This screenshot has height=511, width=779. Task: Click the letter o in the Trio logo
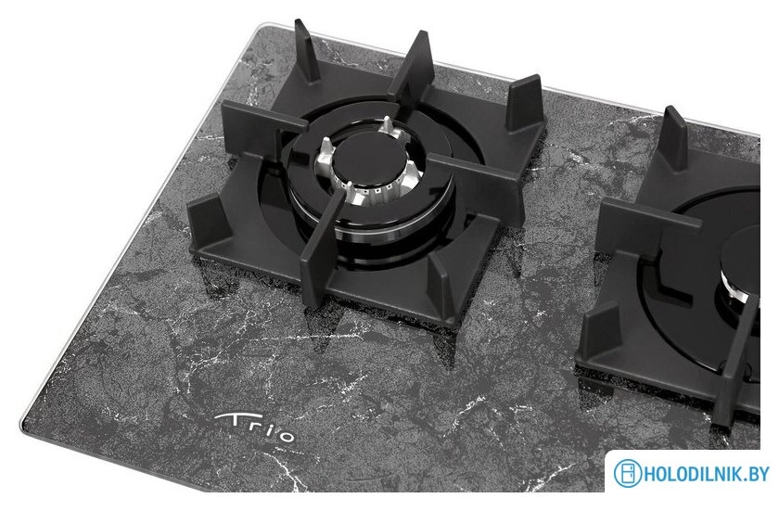tap(286, 436)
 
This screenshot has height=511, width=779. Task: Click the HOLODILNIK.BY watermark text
tap(707, 473)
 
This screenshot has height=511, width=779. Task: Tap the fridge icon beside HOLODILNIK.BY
tap(628, 473)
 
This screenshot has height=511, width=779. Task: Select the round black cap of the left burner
tap(366, 160)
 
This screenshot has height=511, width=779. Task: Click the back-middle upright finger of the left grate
tap(413, 65)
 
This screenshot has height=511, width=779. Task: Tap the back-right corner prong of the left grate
tap(525, 103)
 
